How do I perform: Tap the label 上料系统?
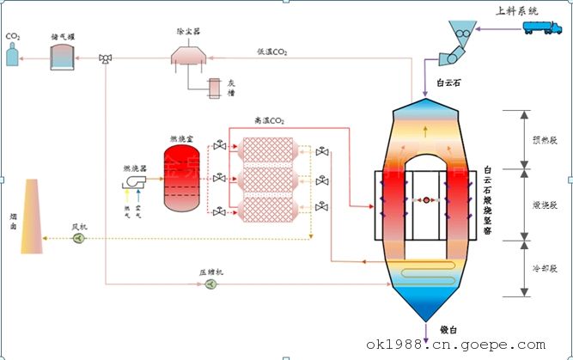tap(518, 10)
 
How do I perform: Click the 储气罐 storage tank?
tap(62, 57)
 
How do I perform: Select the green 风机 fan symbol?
tap(78, 239)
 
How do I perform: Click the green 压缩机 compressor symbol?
tap(211, 284)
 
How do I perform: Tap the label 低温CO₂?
tap(272, 52)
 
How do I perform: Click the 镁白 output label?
tap(450, 329)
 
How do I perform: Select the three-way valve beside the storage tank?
tap(105, 58)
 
